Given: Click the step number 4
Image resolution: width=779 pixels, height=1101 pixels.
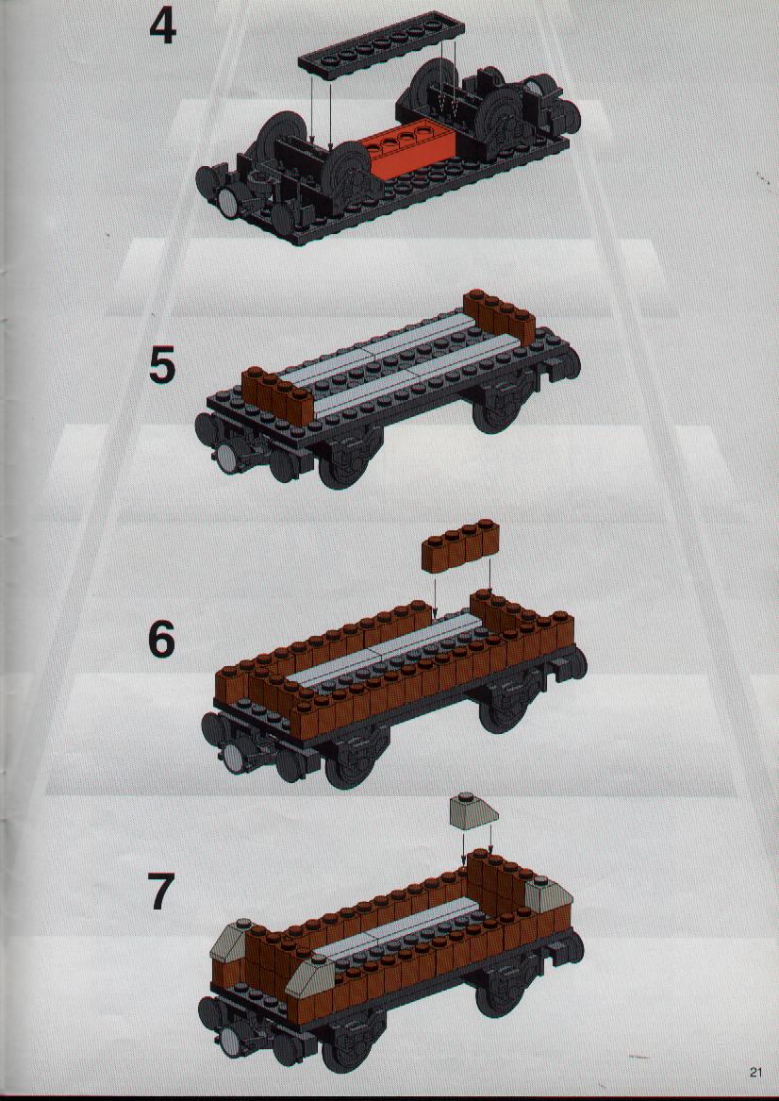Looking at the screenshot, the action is [163, 28].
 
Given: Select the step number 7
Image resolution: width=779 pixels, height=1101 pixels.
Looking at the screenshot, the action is [161, 891].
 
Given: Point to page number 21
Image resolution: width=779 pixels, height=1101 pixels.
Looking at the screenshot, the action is [755, 1072].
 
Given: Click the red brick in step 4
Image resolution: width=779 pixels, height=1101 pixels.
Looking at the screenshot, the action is [409, 153].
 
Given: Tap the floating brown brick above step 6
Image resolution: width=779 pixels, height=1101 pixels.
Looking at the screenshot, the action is [461, 545].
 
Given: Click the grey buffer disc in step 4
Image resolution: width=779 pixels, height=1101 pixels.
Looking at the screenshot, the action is [229, 204].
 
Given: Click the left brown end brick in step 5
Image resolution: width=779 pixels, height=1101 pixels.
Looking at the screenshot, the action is [277, 395].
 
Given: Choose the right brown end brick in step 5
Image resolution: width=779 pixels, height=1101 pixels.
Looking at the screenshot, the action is [500, 314].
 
